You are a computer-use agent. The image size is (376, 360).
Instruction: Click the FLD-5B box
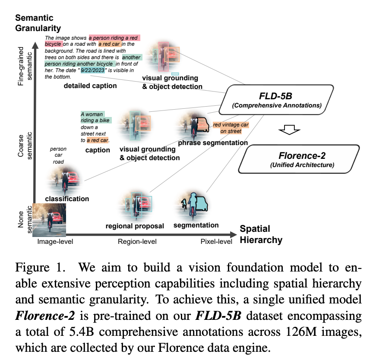click(277, 99)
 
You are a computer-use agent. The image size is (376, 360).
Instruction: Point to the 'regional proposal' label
click(135, 226)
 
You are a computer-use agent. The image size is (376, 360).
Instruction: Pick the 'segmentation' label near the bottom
click(196, 225)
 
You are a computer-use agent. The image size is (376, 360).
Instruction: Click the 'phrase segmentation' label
click(212, 143)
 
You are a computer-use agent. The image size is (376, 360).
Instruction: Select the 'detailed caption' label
click(90, 86)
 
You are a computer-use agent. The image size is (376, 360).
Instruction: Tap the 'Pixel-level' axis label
click(216, 242)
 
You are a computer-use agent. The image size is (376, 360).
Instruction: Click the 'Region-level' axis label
click(137, 242)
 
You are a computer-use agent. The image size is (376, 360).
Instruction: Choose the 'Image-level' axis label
click(55, 242)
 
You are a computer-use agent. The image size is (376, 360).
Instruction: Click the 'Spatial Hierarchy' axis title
click(261, 235)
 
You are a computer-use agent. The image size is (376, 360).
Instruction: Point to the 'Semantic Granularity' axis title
click(38, 23)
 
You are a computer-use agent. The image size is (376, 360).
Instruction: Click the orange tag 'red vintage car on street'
click(231, 127)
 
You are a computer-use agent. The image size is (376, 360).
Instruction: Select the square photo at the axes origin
click(50, 220)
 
